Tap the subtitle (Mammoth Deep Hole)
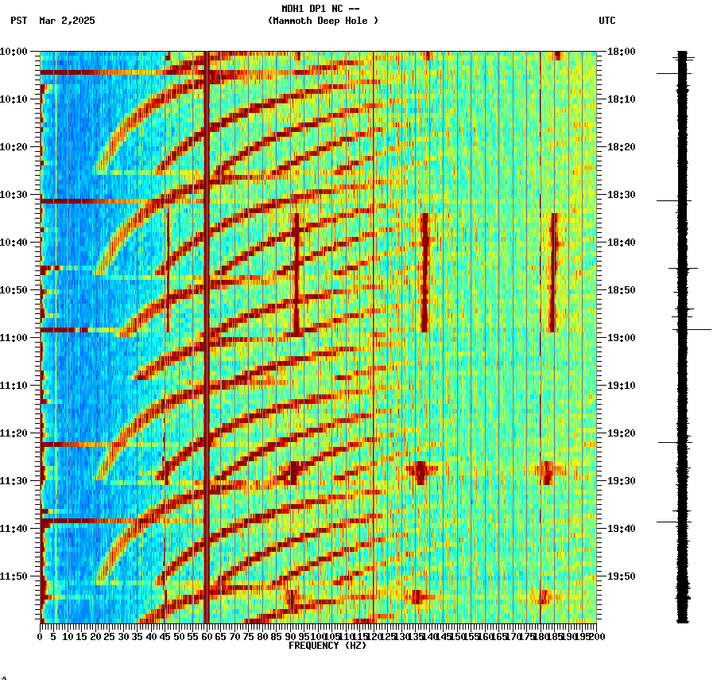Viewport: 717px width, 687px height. point(323,21)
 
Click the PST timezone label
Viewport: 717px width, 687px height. point(19,21)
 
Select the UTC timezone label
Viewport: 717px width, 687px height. point(607,21)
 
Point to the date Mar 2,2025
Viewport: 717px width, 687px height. point(67,21)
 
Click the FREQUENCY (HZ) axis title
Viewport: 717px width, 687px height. point(327,646)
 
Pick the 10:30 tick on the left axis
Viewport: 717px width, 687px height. point(14,195)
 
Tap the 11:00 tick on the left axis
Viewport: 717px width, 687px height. point(14,338)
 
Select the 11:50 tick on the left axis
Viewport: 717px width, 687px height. point(14,576)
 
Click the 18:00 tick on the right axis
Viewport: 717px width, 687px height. point(622,52)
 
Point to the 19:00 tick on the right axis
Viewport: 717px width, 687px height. point(622,338)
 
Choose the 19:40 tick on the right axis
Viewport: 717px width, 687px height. point(622,529)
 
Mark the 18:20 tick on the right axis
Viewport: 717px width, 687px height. point(622,147)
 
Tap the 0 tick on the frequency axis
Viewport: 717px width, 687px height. point(41,636)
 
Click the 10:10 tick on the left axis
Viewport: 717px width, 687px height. point(14,99)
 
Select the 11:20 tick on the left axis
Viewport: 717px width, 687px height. point(14,433)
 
